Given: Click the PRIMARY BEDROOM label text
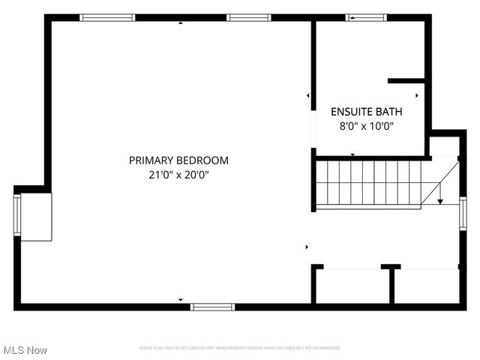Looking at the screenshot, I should click(178, 160).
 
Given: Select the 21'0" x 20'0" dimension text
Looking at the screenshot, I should click(178, 175).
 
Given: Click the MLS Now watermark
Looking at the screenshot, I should click(25, 350).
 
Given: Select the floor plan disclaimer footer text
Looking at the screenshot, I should click(240, 348).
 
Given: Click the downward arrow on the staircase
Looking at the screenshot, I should click(440, 195).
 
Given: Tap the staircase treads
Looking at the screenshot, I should click(367, 184).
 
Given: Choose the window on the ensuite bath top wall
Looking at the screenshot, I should click(364, 17).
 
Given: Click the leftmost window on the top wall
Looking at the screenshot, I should click(107, 17).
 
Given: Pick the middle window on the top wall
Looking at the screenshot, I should click(248, 17).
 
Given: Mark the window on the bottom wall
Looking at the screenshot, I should click(212, 306).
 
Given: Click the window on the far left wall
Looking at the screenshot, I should click(17, 216).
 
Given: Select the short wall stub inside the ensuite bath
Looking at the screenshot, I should click(406, 80).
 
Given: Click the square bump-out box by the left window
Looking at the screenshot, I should click(36, 217).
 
